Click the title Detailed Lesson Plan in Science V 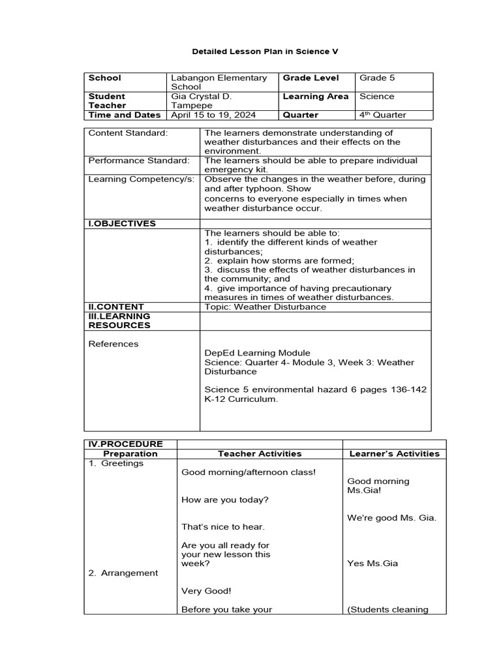[256, 50]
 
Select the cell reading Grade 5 [377, 78]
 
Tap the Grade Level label [311, 78]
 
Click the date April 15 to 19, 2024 [212, 115]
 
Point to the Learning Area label [316, 96]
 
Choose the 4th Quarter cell [382, 115]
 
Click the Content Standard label [128, 132]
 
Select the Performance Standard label [139, 160]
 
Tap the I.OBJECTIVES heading [122, 223]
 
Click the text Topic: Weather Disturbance [265, 307]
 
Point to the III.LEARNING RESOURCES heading [119, 320]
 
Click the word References [114, 344]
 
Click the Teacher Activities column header [260, 453]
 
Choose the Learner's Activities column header [394, 453]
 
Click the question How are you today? [224, 500]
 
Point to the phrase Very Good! [206, 591]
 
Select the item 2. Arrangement [123, 573]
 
